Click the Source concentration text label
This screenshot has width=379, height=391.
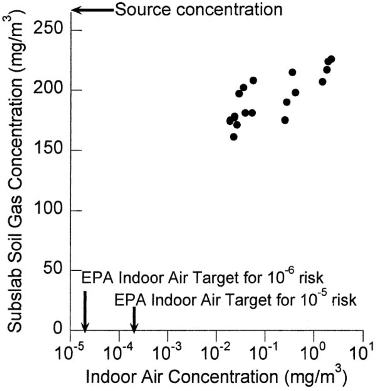pos(198,10)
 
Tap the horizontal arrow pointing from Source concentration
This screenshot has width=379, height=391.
pos(92,10)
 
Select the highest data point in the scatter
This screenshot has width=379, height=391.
pos(331,59)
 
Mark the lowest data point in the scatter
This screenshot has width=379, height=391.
pos(234,137)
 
